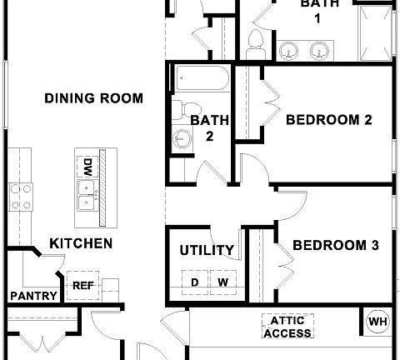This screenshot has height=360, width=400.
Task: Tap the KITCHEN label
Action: [x=81, y=243]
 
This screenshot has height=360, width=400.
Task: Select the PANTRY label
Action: [x=33, y=296]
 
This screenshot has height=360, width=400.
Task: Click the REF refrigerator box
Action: [x=83, y=284]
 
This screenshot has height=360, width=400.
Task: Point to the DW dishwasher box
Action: [x=86, y=166]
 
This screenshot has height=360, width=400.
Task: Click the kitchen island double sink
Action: [x=86, y=197]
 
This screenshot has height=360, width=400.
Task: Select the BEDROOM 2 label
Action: [x=328, y=120]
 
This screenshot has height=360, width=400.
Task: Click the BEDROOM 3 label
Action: [x=336, y=245]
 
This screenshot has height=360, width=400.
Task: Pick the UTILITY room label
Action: [x=207, y=250]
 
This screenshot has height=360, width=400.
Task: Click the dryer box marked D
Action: [x=194, y=282]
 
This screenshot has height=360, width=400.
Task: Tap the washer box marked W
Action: [x=222, y=282]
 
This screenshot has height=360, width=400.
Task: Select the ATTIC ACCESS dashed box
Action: [x=287, y=327]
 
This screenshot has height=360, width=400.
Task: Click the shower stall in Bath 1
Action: [x=374, y=33]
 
